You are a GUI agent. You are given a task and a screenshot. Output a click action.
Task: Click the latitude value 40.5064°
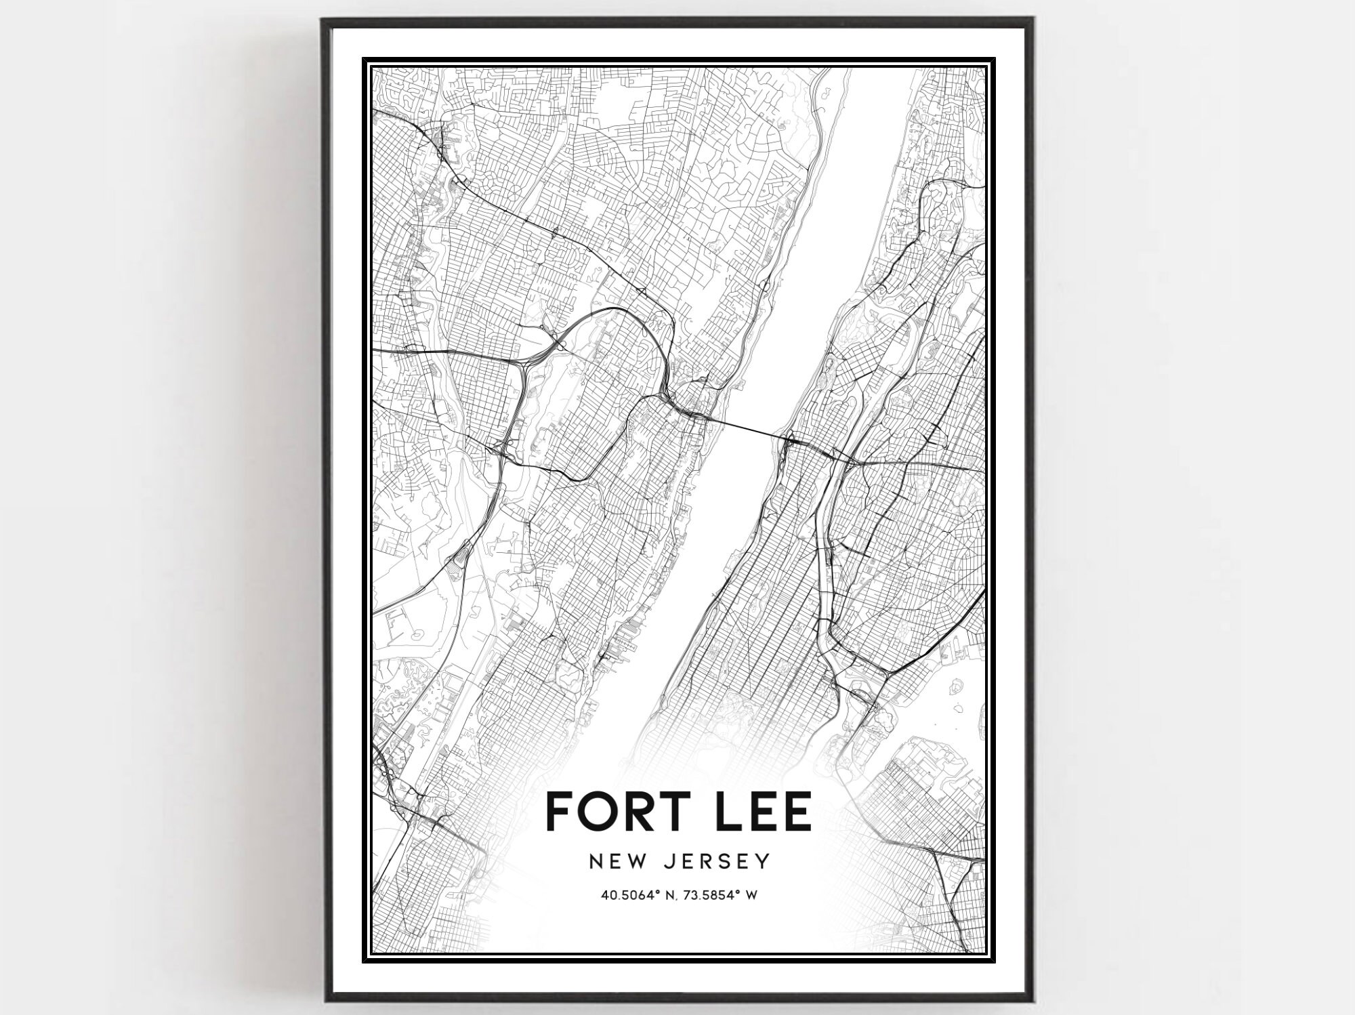click(x=630, y=896)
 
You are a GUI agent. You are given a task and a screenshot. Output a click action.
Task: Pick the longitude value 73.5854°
click(x=708, y=896)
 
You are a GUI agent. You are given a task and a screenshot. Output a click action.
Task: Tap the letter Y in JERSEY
click(x=764, y=861)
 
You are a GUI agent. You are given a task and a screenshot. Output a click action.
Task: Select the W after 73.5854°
click(x=751, y=896)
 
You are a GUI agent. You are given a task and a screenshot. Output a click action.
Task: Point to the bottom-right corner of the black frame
click(x=1033, y=1000)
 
